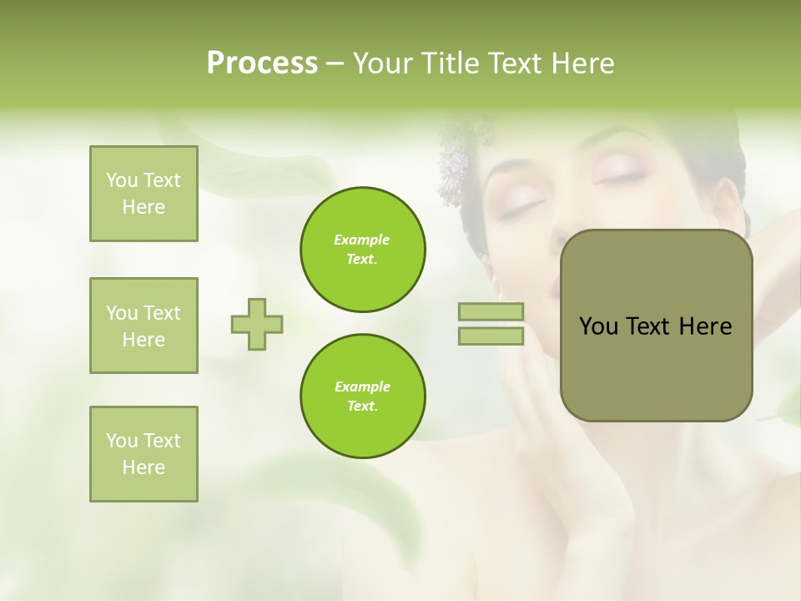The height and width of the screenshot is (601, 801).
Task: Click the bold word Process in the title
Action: (x=262, y=63)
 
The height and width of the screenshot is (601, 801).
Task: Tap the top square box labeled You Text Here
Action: (x=144, y=194)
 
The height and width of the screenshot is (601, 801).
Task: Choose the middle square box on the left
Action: (x=144, y=326)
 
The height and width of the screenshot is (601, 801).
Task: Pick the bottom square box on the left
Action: (x=144, y=454)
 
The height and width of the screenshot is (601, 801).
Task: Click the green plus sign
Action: (x=257, y=324)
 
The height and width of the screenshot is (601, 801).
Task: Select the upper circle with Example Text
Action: (x=362, y=250)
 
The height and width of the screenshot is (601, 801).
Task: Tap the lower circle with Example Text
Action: (x=362, y=396)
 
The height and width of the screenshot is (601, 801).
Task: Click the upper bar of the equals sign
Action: (x=491, y=312)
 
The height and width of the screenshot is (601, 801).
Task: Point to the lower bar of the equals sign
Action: (x=491, y=336)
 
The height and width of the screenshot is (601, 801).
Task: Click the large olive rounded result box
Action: (x=656, y=326)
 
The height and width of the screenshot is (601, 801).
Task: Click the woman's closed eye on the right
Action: (x=619, y=176)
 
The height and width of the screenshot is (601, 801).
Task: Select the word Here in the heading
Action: (x=582, y=63)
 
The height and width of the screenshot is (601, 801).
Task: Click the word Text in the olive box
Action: (x=650, y=326)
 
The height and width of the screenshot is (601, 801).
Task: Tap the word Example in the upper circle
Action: (x=362, y=240)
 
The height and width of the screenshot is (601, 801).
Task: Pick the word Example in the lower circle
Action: (x=362, y=387)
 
